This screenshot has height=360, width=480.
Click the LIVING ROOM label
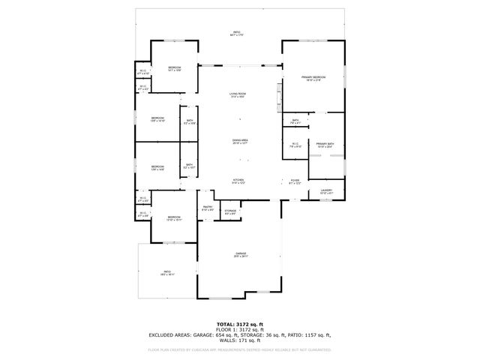pos(238,94)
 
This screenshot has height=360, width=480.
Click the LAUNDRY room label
pos(326,191)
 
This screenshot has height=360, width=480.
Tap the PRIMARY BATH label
pos(325,145)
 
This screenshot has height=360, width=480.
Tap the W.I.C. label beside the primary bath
pos(295,145)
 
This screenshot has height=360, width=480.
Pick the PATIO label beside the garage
pos(167,272)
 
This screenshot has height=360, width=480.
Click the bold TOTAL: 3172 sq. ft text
pos(240,322)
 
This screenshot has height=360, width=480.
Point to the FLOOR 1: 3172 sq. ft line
pos(240,328)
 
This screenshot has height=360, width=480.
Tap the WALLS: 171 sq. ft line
pos(240,340)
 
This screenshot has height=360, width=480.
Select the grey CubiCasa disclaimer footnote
pos(240,349)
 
